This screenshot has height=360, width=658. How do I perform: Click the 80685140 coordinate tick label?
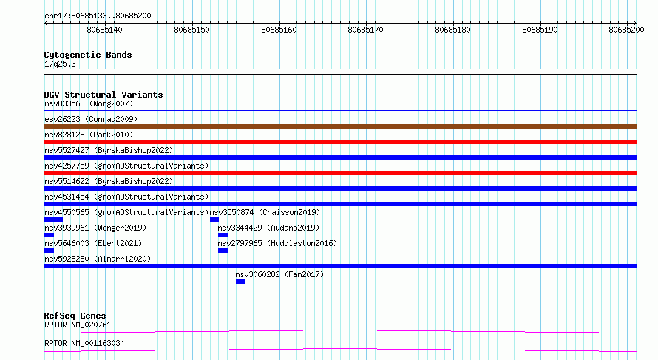pyautogui.click(x=104, y=30)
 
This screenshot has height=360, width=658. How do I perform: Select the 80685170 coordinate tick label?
pyautogui.click(x=365, y=30)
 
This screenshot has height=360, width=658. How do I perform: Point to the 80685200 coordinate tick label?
pyautogui.click(x=626, y=30)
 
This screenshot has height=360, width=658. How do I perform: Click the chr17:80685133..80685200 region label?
pyautogui.click(x=98, y=16)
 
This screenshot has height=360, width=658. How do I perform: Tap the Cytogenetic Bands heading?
pyautogui.click(x=88, y=55)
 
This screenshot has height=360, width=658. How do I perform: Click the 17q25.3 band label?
pyautogui.click(x=60, y=64)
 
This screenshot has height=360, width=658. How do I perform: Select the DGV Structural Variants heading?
pyautogui.click(x=104, y=95)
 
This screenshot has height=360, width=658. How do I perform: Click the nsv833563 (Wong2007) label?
pyautogui.click(x=89, y=103)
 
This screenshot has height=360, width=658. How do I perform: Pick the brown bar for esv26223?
pyautogui.click(x=340, y=126)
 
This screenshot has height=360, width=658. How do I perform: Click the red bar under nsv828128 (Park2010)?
pyautogui.click(x=340, y=142)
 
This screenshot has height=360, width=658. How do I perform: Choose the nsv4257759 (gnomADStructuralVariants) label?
pyautogui.click(x=126, y=166)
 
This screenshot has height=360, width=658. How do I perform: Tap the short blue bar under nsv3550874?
pyautogui.click(x=214, y=220)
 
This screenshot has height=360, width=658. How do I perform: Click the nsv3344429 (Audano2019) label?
pyautogui.click(x=268, y=228)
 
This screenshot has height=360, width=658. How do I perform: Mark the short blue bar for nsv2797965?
pyautogui.click(x=223, y=251)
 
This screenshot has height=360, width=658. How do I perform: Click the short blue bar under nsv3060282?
pyautogui.click(x=240, y=282)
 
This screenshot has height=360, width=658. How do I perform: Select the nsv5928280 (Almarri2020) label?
pyautogui.click(x=98, y=259)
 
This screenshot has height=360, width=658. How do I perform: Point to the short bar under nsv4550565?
pyautogui.click(x=53, y=220)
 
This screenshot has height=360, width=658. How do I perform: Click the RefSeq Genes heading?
pyautogui.click(x=75, y=316)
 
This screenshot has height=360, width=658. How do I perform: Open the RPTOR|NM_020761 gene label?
pyautogui.click(x=78, y=325)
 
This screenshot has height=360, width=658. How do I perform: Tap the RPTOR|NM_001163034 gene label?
pyautogui.click(x=84, y=343)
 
